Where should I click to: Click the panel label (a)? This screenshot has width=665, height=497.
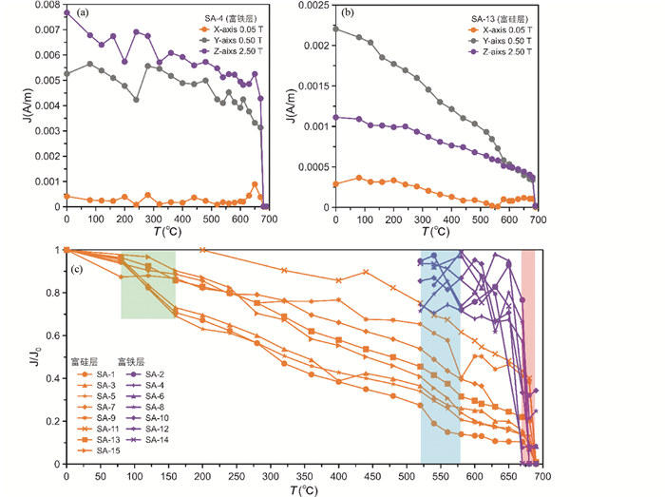pyautogui.click(x=85, y=13)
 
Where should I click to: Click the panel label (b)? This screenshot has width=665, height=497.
pyautogui.click(x=349, y=13)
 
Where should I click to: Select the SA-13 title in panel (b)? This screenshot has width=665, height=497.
pyautogui.click(x=500, y=18)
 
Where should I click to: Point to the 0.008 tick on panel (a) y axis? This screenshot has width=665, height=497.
pyautogui.click(x=45, y=5)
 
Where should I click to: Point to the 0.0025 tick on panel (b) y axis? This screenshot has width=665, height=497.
pyautogui.click(x=313, y=5)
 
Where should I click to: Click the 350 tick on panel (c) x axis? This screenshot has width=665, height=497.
pyautogui.click(x=304, y=476)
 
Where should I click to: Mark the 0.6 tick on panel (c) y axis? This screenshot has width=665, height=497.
pyautogui.click(x=54, y=335)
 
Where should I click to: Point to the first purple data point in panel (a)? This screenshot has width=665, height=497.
pyautogui.click(x=66, y=12)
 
